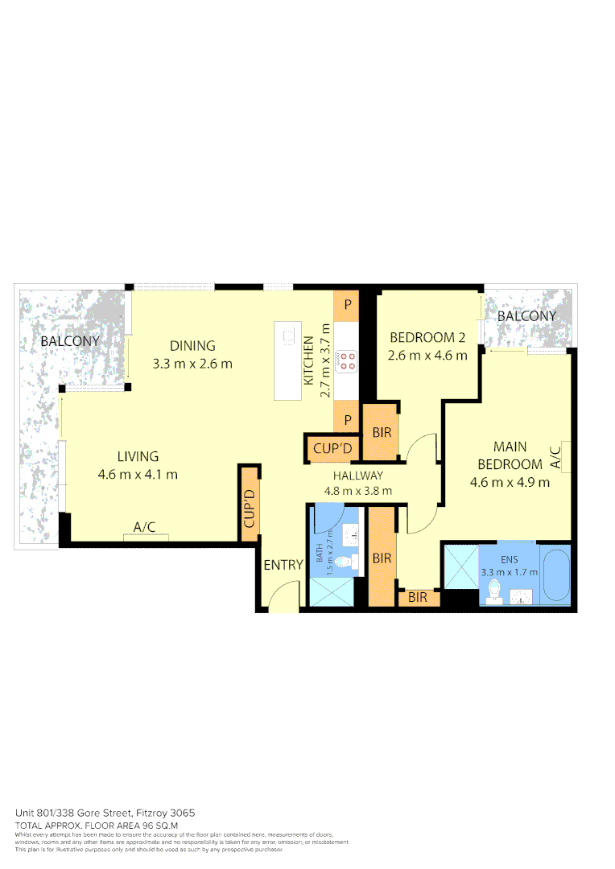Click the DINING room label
click(192, 346)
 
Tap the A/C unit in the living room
click(145, 535)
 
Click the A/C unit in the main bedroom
click(565, 456)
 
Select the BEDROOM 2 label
click(427, 337)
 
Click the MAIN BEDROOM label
click(510, 455)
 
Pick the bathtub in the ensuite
click(556, 575)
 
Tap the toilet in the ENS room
click(494, 593)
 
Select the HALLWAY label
click(358, 476)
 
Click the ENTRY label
click(283, 565)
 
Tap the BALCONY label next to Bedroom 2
click(526, 316)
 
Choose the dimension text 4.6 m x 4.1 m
click(137, 474)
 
